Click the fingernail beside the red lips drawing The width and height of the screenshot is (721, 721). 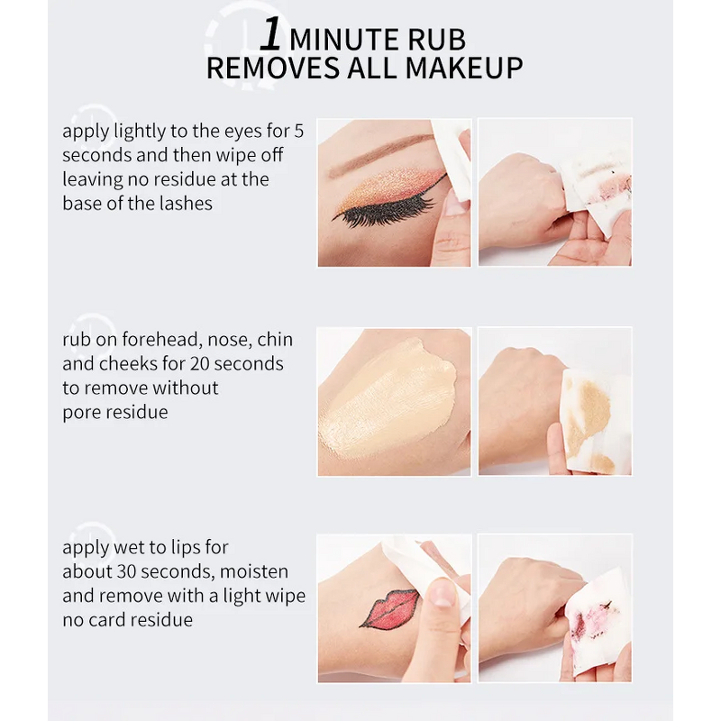[442, 592]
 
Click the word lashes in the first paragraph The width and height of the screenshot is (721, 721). [185, 203]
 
